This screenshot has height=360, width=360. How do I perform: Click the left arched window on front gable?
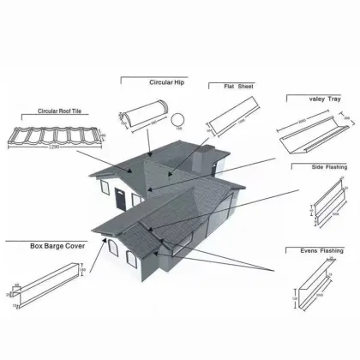tap(112, 250)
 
